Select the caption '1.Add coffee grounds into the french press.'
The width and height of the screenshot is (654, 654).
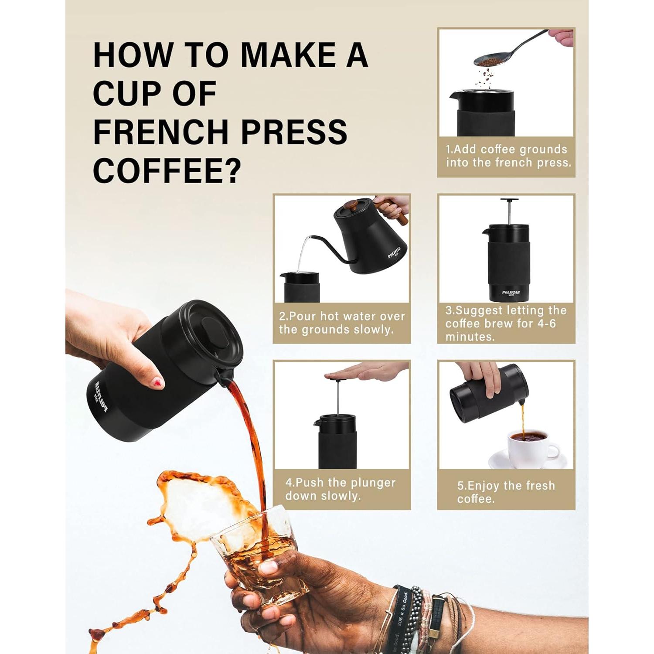coord(507,156)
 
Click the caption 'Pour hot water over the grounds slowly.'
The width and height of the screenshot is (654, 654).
coord(342,323)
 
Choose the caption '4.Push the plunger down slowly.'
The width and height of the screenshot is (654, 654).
coord(341,489)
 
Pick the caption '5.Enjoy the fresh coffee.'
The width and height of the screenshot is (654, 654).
coord(506,492)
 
